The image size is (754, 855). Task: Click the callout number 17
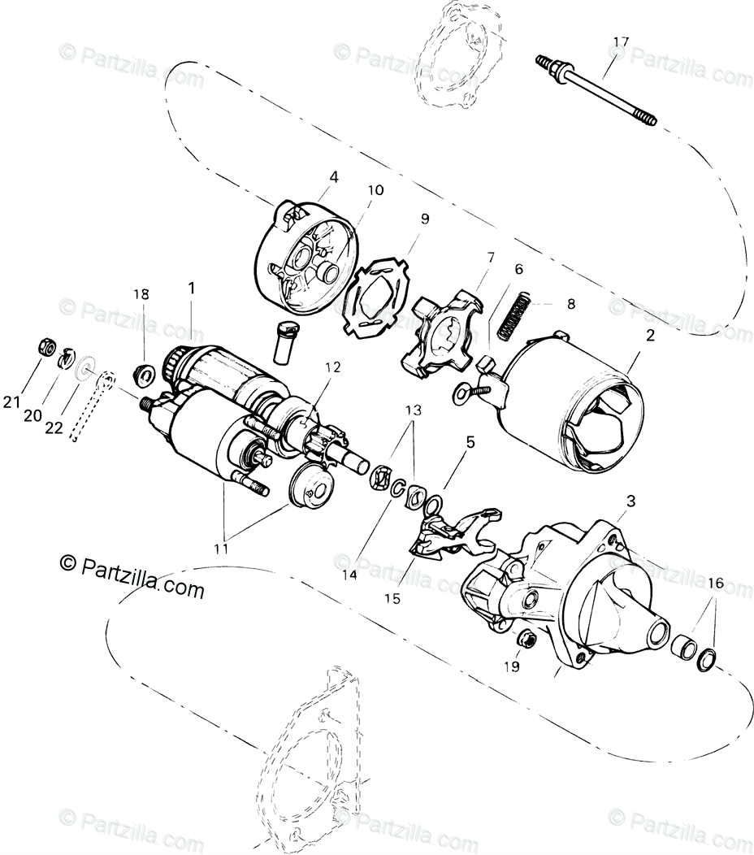pos(621,41)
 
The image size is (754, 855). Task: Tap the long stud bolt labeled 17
pos(597,91)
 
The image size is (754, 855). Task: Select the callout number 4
pos(334,177)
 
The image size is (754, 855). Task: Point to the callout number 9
pos(425,219)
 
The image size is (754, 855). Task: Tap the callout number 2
pos(650,336)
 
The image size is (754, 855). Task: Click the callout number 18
pos(141,295)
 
